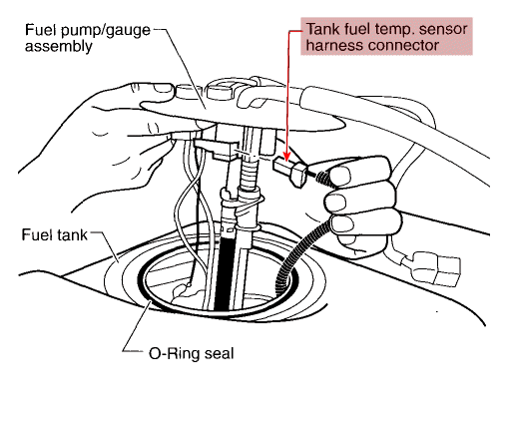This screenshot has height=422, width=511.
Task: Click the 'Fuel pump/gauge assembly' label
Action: (88, 38)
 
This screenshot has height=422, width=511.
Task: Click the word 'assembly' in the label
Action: (58, 46)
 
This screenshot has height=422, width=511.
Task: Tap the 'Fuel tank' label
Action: (54, 234)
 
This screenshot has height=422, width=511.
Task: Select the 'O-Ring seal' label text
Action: (192, 353)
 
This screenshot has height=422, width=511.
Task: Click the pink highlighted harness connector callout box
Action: (386, 36)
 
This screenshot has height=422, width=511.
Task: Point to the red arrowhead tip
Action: (286, 162)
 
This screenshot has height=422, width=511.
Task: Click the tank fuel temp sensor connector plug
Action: (290, 171)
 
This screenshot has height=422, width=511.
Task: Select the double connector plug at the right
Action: (435, 268)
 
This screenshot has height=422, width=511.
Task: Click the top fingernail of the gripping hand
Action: (340, 176)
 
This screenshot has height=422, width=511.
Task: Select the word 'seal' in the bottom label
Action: (220, 353)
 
